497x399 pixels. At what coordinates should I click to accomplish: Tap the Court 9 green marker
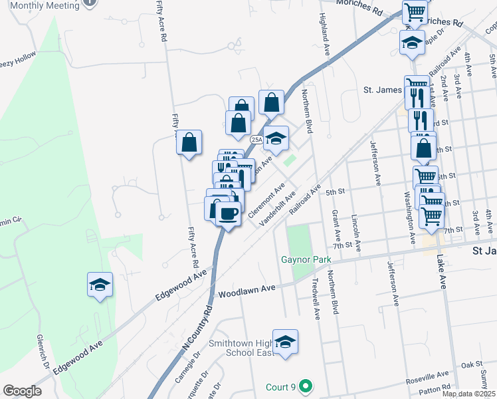point(305,386)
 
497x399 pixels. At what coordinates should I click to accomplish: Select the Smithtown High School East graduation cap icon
point(285,342)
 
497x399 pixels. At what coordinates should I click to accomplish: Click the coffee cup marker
point(228,214)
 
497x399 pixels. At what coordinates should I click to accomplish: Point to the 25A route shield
point(256,140)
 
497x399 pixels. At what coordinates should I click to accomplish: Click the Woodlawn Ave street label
point(247,291)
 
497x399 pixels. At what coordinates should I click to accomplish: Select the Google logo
point(22,390)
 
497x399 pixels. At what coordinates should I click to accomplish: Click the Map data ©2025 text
point(468,394)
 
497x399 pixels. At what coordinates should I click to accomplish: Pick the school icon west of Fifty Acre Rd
point(100,285)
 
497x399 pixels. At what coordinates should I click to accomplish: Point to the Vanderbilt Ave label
point(280,208)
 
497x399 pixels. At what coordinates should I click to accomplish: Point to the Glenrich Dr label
point(44,352)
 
